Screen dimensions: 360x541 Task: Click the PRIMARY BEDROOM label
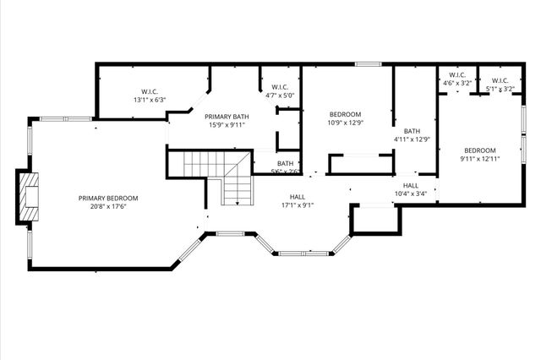pos(108,198)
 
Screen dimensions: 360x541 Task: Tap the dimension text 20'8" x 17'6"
pos(108,206)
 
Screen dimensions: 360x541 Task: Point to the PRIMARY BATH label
pos(227,116)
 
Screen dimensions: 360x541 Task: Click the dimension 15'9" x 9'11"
pos(227,125)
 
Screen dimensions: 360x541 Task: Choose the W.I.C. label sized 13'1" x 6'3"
pos(150,91)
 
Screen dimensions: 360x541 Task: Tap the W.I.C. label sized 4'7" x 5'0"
pos(280,87)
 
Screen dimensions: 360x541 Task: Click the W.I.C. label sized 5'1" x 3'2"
pos(499,81)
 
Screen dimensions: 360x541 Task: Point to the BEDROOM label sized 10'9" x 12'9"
pos(345,114)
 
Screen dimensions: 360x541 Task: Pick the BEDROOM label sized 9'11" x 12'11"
pos(479,150)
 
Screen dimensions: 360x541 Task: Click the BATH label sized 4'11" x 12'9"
pos(412,131)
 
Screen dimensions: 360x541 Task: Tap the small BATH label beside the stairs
pos(285,163)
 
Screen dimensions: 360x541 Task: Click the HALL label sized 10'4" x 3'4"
pos(411,185)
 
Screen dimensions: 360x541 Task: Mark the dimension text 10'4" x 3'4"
pos(411,194)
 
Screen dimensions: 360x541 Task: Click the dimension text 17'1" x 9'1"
pos(297,205)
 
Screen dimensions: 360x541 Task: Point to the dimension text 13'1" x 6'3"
pos(150,100)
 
